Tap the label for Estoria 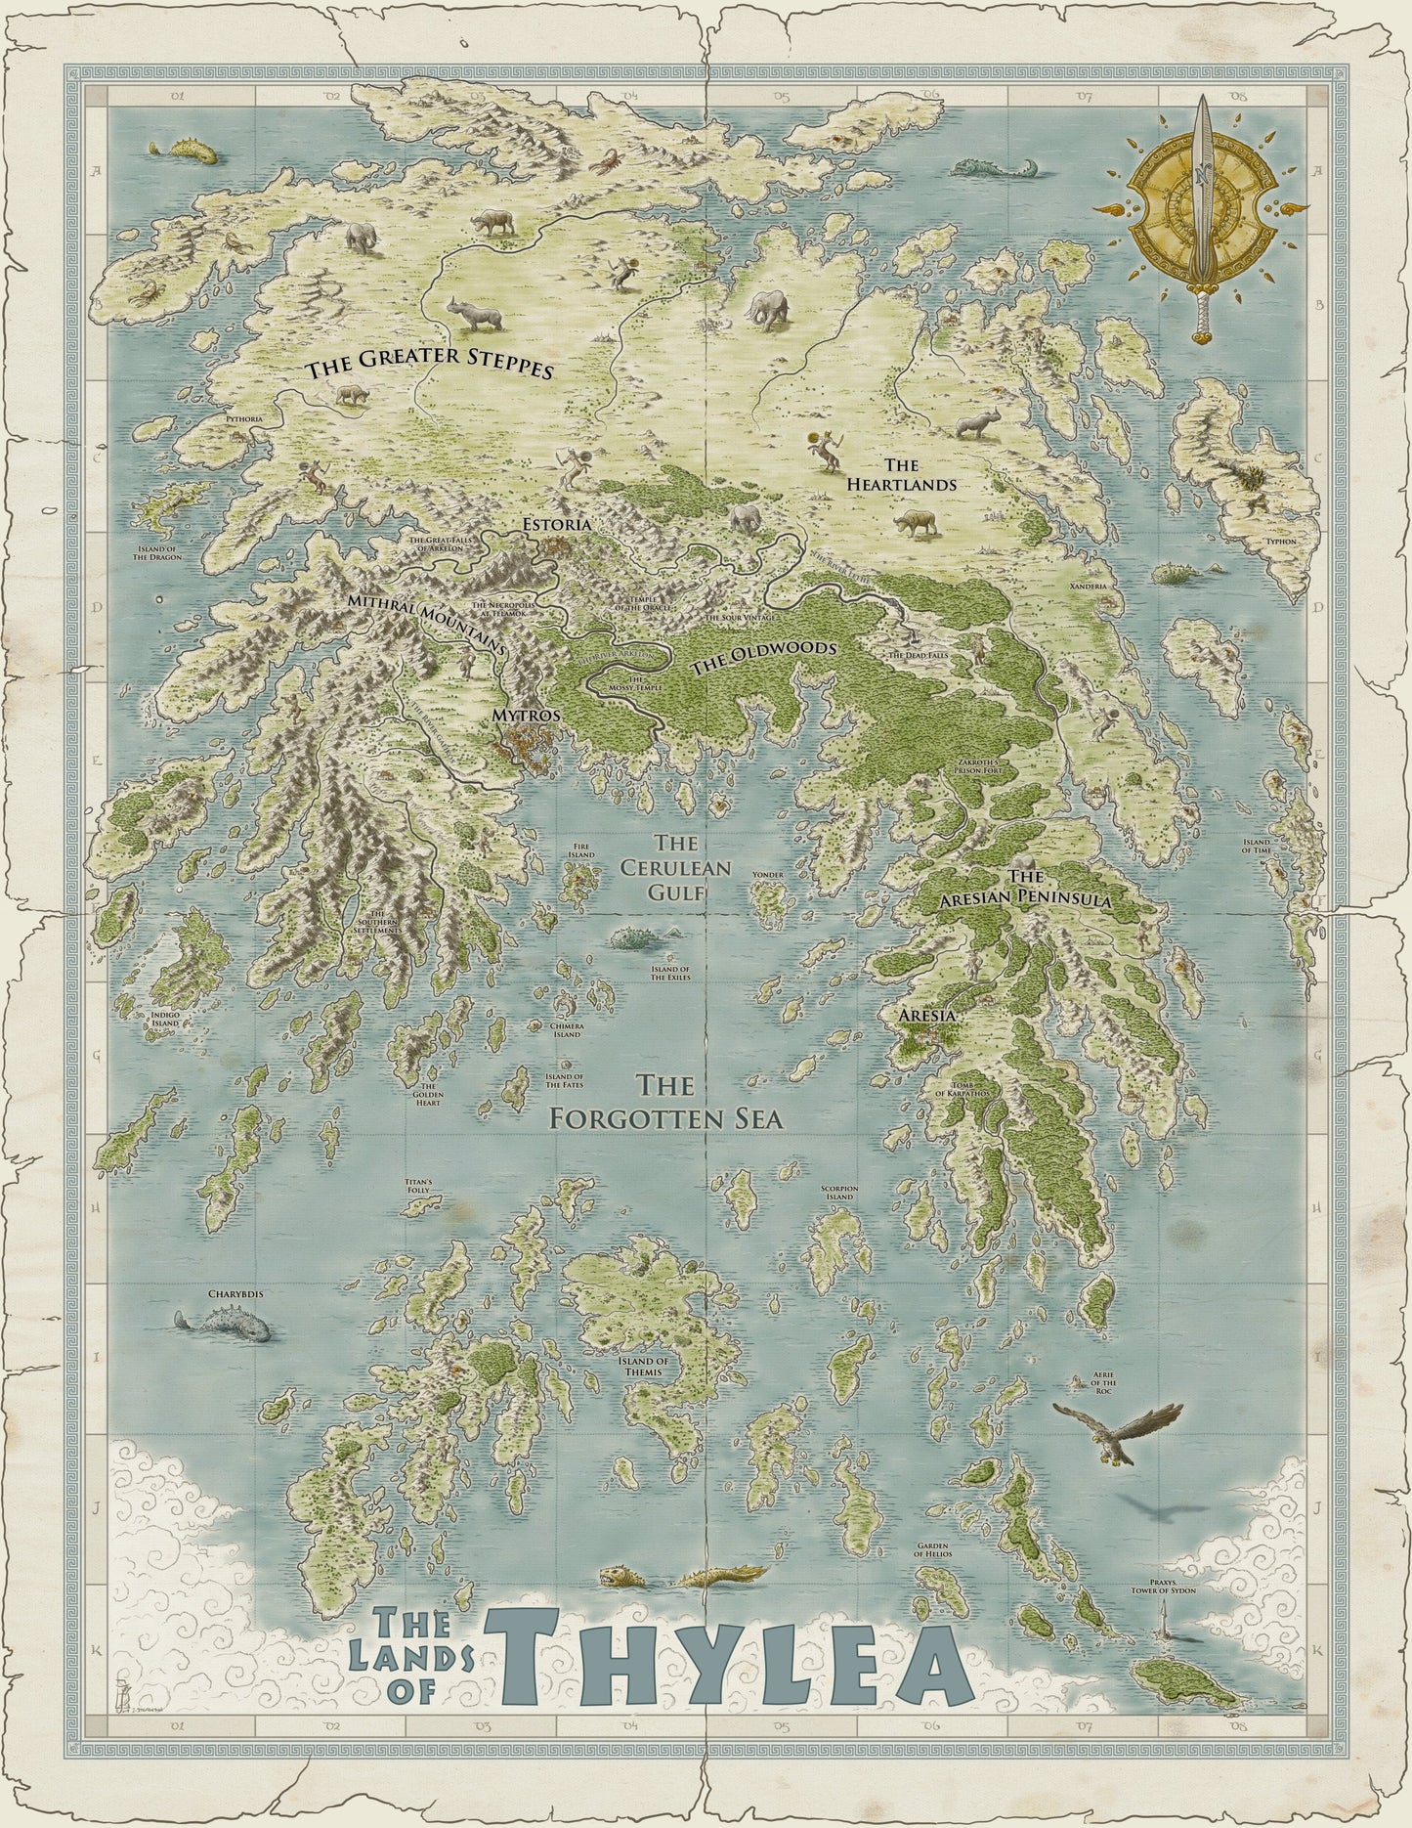point(556,525)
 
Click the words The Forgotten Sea point(667,1102)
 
